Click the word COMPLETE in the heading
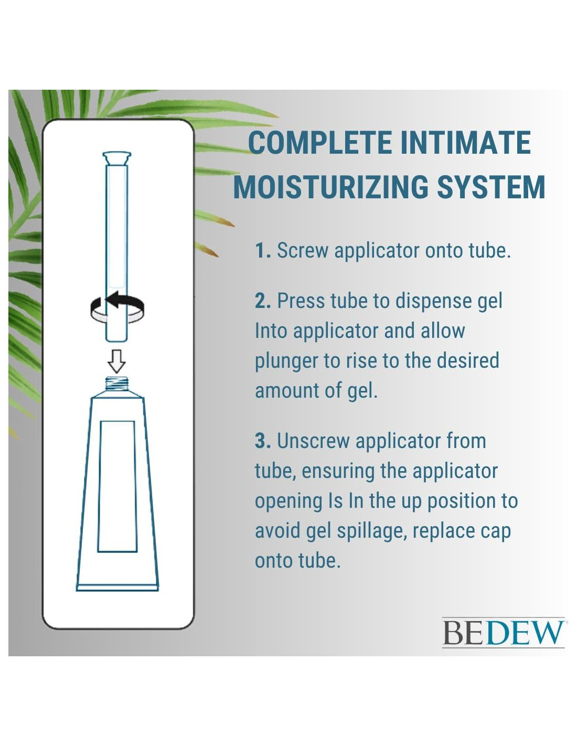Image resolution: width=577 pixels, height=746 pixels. pyautogui.click(x=319, y=142)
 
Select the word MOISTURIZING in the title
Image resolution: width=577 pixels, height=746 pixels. pyautogui.click(x=330, y=187)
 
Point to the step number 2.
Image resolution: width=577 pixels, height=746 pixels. pyautogui.click(x=263, y=301)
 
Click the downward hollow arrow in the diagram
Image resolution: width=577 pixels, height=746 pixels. pyautogui.click(x=116, y=361)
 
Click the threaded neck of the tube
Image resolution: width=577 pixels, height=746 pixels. pyautogui.click(x=116, y=384)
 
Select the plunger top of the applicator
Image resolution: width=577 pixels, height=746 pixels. pyautogui.click(x=117, y=158)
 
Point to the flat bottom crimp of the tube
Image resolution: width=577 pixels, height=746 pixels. pyautogui.click(x=117, y=588)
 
